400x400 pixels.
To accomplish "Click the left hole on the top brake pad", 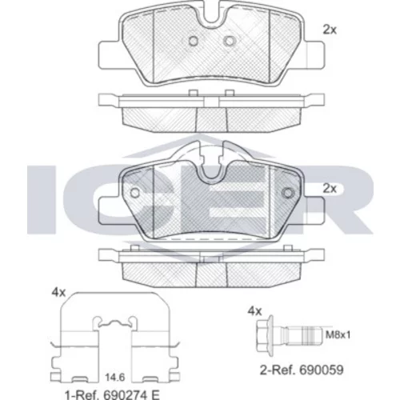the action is pyautogui.click(x=194, y=41).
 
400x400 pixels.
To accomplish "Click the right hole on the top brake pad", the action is pyautogui.click(x=229, y=41).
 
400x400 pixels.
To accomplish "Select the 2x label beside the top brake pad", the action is pyautogui.click(x=330, y=30).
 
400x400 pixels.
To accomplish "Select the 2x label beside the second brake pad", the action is pyautogui.click(x=330, y=189).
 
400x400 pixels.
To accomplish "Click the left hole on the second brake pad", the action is pyautogui.click(x=135, y=193).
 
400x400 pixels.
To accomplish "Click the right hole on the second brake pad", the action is pyautogui.click(x=288, y=193).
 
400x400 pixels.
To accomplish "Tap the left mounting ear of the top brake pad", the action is pyautogui.click(x=109, y=55).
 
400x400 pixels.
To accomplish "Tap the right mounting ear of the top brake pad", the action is pyautogui.click(x=314, y=55).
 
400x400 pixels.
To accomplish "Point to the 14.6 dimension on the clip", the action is pyautogui.click(x=114, y=378).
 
